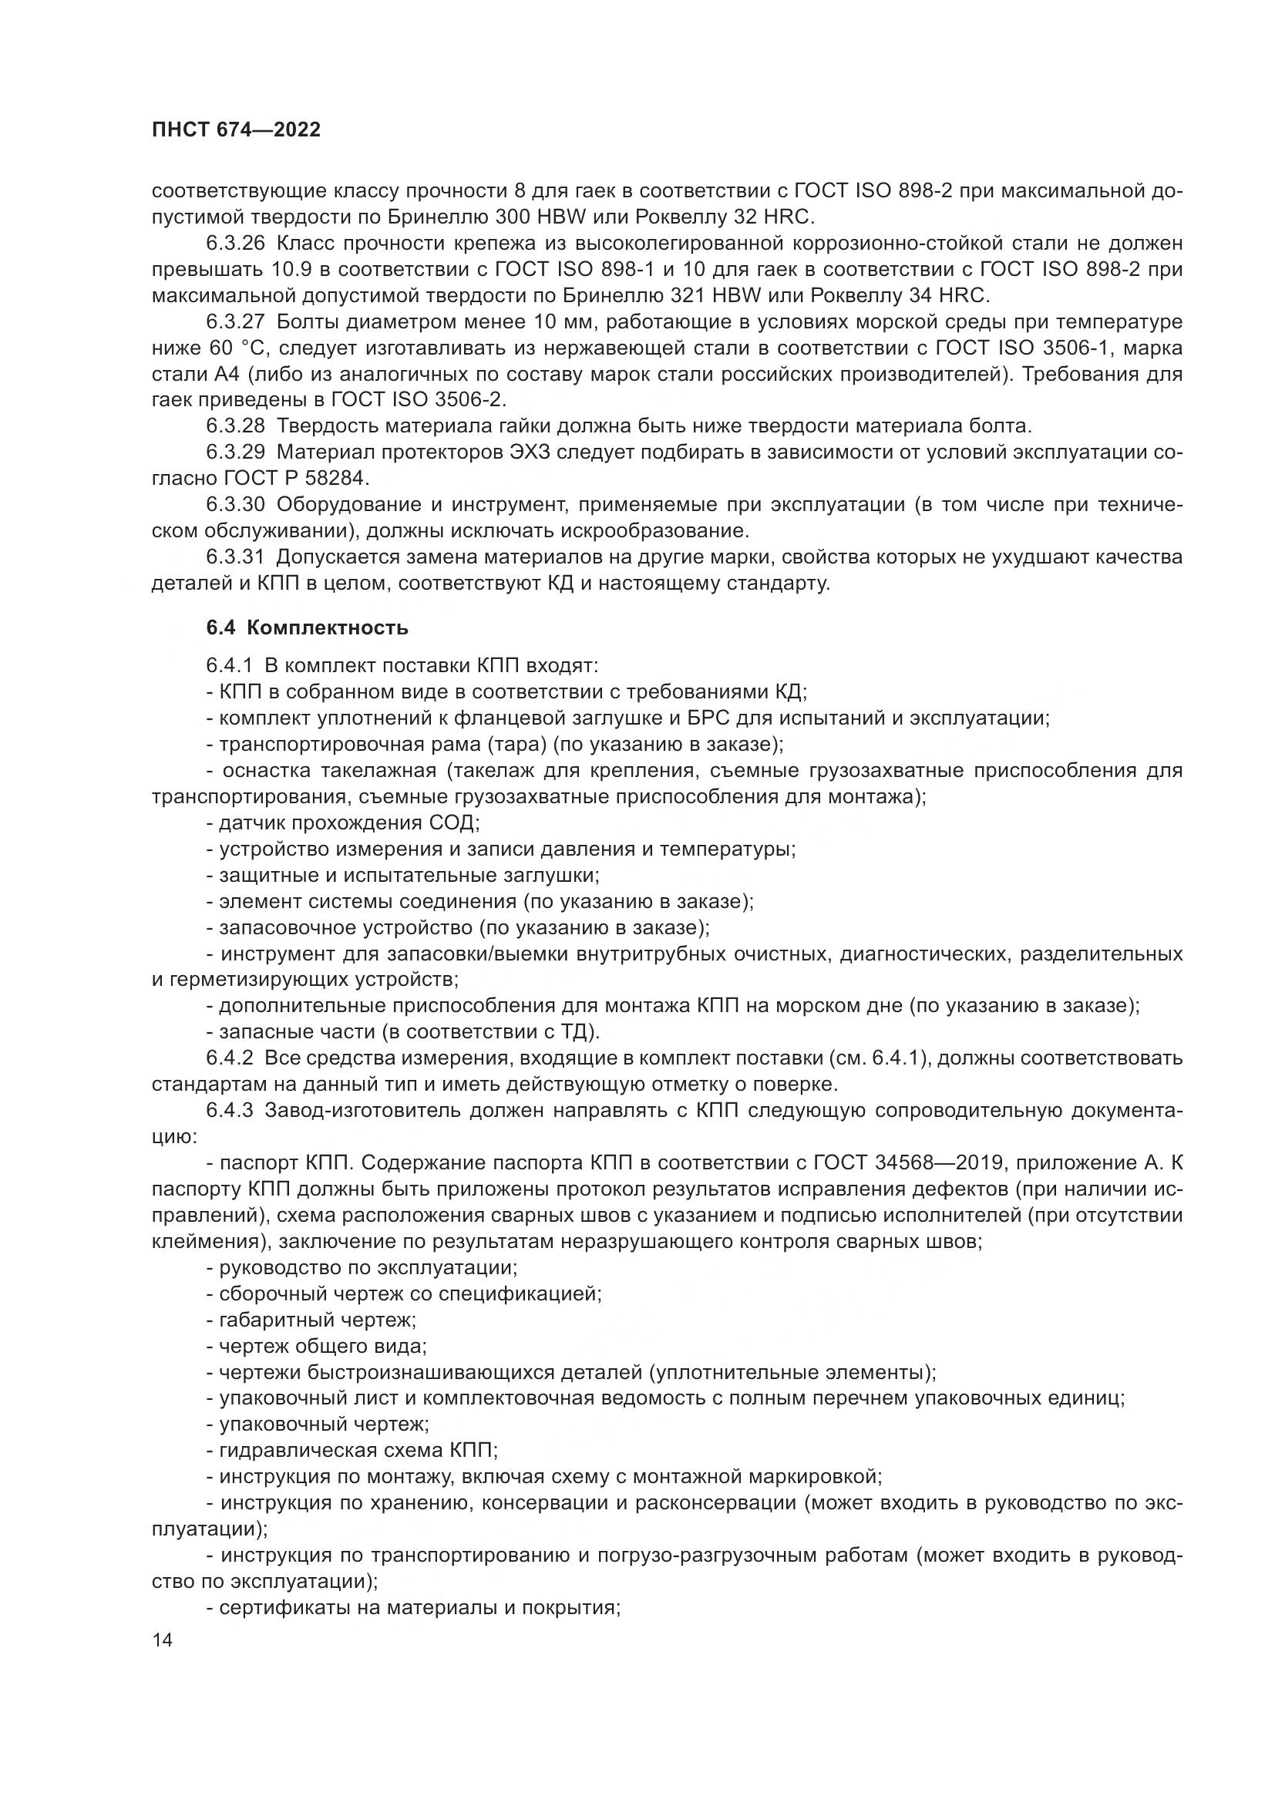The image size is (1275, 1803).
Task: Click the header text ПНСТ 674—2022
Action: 236,130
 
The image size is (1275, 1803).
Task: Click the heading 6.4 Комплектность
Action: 307,627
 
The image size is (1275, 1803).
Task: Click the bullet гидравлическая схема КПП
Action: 358,1451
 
